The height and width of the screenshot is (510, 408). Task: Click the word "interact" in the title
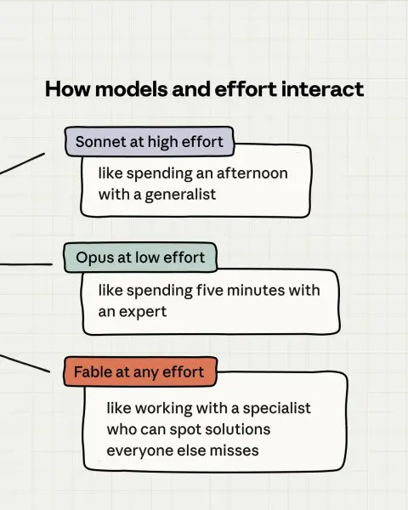pos(322,88)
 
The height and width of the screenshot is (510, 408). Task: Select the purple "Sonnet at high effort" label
pos(150,141)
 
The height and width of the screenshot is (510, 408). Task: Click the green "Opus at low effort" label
pos(140,258)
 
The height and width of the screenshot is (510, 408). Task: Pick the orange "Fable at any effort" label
pos(140,371)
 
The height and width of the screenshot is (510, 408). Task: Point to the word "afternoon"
pos(252,173)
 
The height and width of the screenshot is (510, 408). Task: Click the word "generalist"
pos(180,195)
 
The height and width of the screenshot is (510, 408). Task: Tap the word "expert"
pos(143,312)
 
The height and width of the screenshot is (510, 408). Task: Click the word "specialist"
pos(276,408)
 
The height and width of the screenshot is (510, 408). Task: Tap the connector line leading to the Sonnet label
pos(22,163)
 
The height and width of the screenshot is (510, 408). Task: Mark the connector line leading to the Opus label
pos(26,264)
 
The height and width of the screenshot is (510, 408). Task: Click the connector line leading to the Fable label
pos(25,363)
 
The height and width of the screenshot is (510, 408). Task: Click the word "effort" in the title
pos(246,88)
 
